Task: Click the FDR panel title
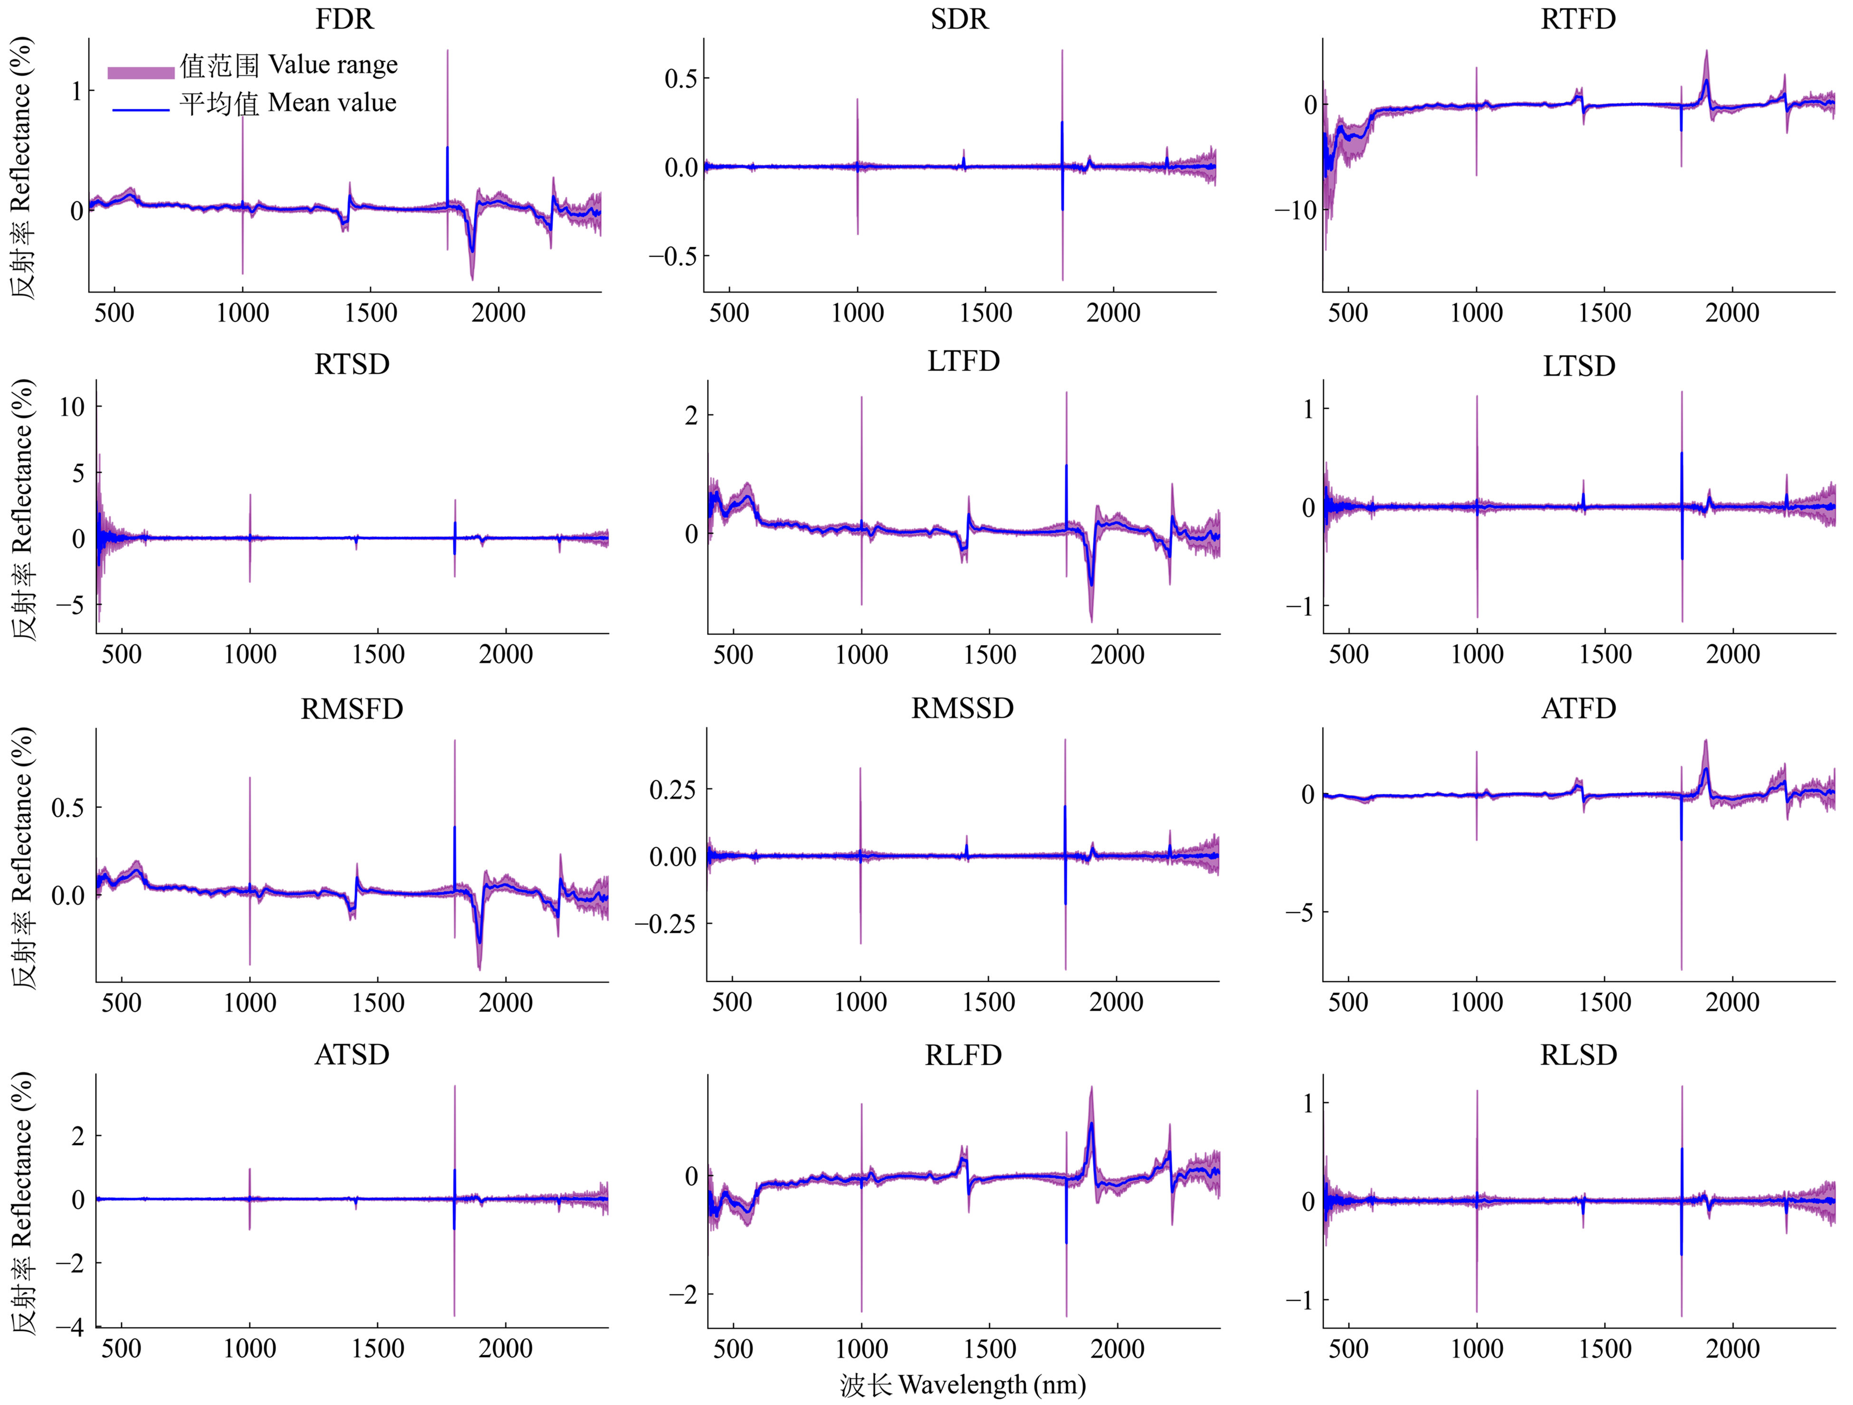coord(344,19)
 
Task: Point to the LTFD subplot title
coord(964,361)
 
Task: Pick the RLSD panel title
coord(1578,1055)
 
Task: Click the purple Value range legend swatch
coord(141,72)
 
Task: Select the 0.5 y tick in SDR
coord(680,79)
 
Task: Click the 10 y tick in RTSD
coord(72,407)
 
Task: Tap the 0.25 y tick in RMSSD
coord(673,789)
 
